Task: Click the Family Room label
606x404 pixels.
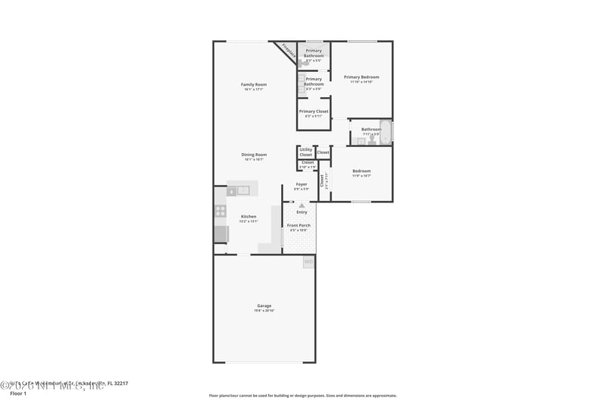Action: pyautogui.click(x=254, y=84)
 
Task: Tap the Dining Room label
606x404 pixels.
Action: pyautogui.click(x=254, y=155)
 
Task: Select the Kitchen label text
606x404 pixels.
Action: pyautogui.click(x=248, y=216)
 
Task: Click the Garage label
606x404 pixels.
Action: pyautogui.click(x=264, y=305)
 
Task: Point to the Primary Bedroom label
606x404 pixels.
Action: pyautogui.click(x=361, y=77)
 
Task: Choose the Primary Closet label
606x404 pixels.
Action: pyautogui.click(x=314, y=111)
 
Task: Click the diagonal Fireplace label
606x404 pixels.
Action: pyautogui.click(x=288, y=51)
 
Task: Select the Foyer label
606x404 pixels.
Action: pyautogui.click(x=301, y=184)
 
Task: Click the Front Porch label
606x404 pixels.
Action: pyautogui.click(x=298, y=226)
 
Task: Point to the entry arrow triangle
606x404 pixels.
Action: pyautogui.click(x=301, y=205)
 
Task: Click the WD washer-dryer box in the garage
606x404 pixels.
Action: pyautogui.click(x=308, y=262)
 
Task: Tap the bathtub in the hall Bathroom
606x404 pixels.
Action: pyautogui.click(x=385, y=132)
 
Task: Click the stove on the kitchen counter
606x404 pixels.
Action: pyautogui.click(x=220, y=211)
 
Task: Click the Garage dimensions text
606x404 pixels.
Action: pyautogui.click(x=264, y=311)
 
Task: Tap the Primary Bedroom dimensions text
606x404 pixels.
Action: pyautogui.click(x=361, y=82)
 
